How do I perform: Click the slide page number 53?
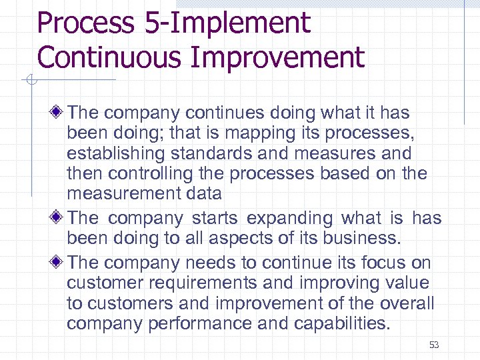tap(434, 345)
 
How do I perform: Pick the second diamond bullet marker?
tap(59, 218)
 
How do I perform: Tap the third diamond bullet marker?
tap(59, 262)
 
